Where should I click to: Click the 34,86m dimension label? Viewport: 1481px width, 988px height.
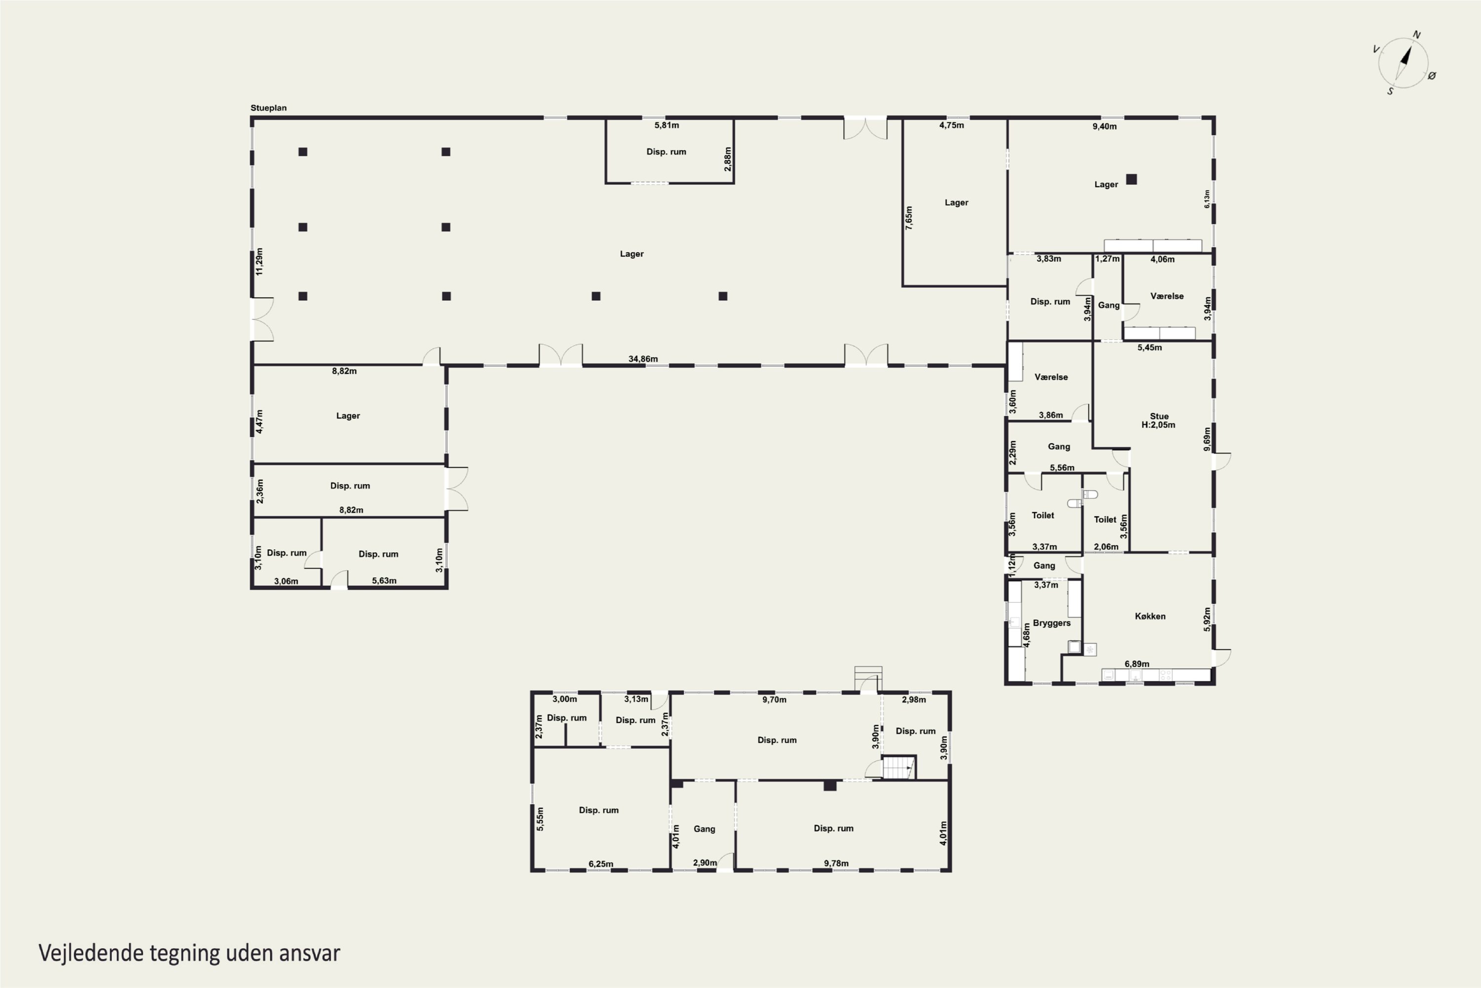(x=643, y=359)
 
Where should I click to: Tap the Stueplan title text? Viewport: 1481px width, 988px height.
(x=268, y=108)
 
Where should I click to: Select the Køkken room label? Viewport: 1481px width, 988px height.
(x=1150, y=616)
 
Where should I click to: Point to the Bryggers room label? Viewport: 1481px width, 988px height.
(x=1052, y=623)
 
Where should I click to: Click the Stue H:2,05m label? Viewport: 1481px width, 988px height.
(x=1159, y=420)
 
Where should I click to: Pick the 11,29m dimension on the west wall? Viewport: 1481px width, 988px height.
(x=259, y=261)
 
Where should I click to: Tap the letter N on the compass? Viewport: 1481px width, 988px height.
(x=1417, y=35)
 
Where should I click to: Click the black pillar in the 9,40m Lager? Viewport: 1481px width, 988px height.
(x=1131, y=179)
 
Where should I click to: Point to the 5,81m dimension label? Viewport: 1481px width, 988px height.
(x=666, y=125)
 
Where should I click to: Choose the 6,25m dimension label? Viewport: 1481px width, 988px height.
(x=601, y=864)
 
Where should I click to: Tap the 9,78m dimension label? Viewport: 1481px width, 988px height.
(x=836, y=863)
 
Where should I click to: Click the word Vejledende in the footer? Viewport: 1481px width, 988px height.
(x=91, y=953)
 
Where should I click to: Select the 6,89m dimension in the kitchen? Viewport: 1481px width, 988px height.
(x=1136, y=664)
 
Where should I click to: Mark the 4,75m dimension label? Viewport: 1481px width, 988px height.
(x=951, y=125)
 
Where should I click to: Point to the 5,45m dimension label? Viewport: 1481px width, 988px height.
(x=1149, y=348)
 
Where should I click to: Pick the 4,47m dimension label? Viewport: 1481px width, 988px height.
(x=259, y=421)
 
